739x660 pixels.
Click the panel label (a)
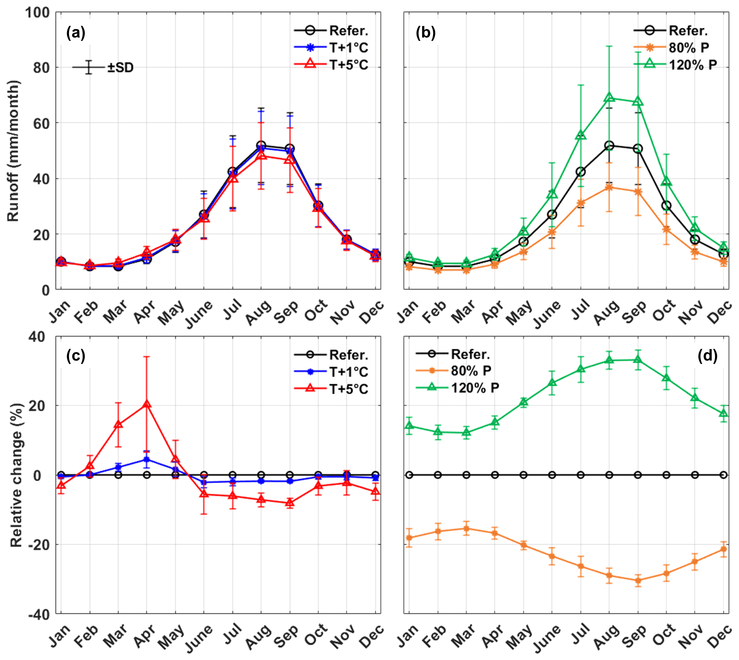click(76, 32)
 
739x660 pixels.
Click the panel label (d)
click(707, 356)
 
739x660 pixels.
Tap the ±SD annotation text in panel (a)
click(120, 67)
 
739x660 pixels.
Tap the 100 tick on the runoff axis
click(37, 13)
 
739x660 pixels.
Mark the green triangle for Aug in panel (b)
click(609, 98)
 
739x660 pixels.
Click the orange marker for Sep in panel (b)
click(638, 192)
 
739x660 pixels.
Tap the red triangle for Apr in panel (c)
click(147, 404)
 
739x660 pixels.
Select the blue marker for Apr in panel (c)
click(147, 460)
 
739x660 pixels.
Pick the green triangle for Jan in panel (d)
click(409, 426)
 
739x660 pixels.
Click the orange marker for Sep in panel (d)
click(638, 580)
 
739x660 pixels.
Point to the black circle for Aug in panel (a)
click(261, 145)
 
